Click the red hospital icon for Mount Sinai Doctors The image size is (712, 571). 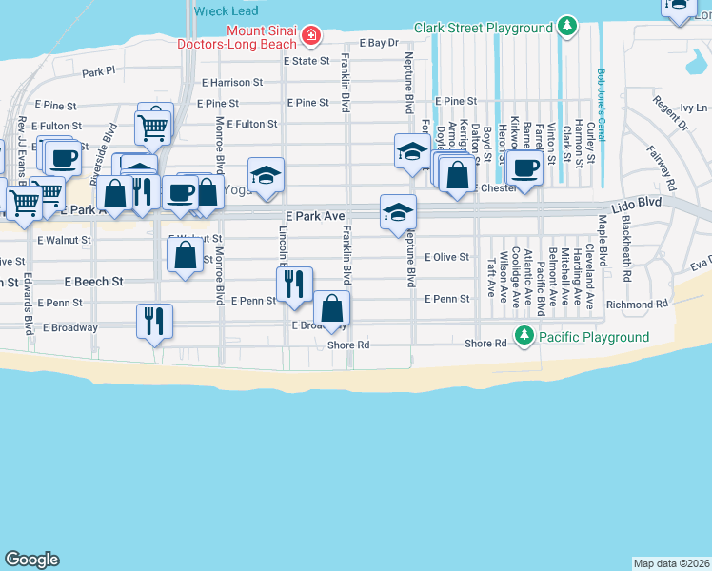coord(309,35)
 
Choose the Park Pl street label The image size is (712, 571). coord(98,71)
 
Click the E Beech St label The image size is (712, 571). coord(94,283)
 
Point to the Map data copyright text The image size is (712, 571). coord(671,563)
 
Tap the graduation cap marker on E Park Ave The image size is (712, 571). coord(398,211)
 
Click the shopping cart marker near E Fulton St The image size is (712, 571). coord(153,125)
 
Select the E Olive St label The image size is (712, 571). coord(446,257)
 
